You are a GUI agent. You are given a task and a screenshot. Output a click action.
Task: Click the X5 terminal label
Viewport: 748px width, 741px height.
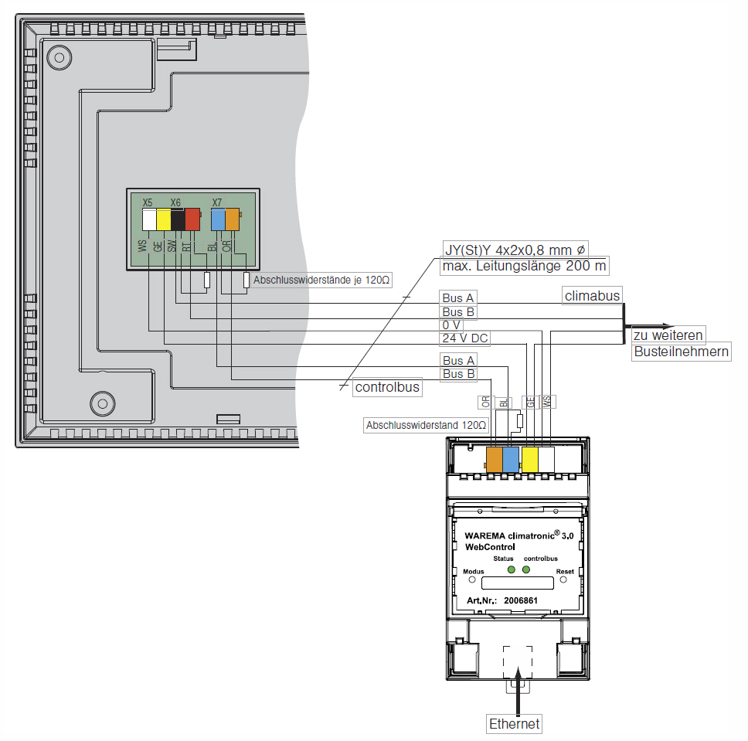tap(148, 202)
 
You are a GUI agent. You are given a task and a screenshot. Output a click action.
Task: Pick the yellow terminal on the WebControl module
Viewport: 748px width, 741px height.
tap(529, 460)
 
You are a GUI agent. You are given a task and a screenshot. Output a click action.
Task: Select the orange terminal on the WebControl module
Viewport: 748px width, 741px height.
tap(494, 460)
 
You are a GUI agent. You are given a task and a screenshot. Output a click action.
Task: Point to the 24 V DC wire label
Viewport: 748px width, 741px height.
tap(465, 338)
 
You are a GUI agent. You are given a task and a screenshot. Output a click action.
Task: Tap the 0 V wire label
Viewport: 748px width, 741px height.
tap(452, 325)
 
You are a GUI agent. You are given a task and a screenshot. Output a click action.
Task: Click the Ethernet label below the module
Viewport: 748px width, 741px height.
tap(514, 724)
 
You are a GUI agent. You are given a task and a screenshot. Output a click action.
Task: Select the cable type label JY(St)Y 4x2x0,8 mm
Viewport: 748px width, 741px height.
tap(515, 250)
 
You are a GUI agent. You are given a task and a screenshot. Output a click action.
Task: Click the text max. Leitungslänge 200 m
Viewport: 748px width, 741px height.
tap(524, 267)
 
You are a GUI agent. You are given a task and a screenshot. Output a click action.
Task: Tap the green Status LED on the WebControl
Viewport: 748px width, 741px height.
tap(511, 570)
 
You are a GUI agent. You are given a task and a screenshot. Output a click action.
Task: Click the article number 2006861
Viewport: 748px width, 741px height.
tap(521, 600)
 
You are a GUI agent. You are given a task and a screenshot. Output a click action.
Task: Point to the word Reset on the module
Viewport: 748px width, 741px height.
tap(565, 572)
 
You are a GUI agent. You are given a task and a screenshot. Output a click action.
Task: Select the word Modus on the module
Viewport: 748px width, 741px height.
tap(473, 572)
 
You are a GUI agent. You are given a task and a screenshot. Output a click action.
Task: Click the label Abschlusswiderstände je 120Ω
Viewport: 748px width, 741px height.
tap(321, 280)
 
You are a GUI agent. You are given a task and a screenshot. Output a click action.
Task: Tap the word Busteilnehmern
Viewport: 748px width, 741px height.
tap(682, 352)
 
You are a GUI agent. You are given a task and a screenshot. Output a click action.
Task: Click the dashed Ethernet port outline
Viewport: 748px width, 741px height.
tap(518, 661)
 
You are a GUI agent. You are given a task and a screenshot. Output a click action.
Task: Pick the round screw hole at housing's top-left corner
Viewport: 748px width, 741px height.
tap(56, 56)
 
